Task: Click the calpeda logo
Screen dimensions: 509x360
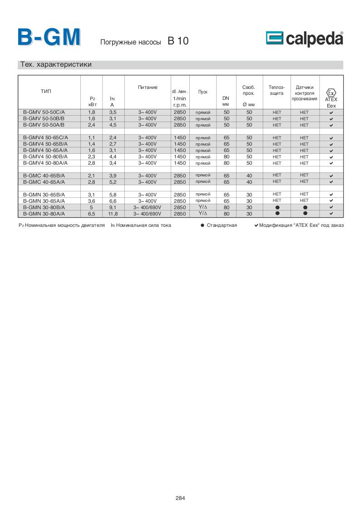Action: point(304,39)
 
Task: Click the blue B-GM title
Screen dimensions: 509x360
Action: point(49,38)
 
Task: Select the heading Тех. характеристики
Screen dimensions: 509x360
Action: point(56,64)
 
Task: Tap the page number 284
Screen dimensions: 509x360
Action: point(180,498)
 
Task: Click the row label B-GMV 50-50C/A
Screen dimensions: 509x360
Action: point(44,112)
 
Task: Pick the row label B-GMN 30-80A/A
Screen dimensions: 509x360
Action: point(44,213)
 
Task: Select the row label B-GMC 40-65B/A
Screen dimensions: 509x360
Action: point(44,175)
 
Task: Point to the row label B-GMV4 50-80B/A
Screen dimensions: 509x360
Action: point(45,157)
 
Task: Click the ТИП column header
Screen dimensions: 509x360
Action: point(46,92)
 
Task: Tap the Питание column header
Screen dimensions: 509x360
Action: point(148,87)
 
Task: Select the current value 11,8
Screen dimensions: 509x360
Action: point(113,214)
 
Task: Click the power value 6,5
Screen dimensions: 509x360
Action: point(91,214)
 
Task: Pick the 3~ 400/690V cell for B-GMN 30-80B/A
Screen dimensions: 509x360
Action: point(148,207)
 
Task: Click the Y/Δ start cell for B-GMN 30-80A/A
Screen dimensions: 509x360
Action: point(202,213)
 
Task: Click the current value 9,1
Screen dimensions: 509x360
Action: point(113,207)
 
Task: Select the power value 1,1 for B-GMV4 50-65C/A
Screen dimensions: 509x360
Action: point(91,137)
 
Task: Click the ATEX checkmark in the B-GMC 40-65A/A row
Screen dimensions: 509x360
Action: point(331,182)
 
